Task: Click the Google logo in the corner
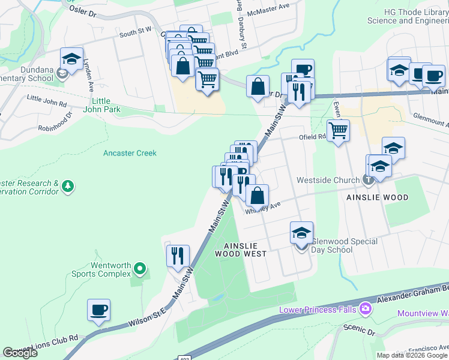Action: coord(20,353)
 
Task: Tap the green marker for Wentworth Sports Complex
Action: coord(140,268)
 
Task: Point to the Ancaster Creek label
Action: coord(130,153)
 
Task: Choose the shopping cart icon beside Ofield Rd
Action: coord(339,130)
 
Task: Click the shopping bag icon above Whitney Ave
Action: coord(257,195)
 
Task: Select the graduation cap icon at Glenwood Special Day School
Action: coord(302,233)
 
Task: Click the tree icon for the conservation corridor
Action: coord(68,187)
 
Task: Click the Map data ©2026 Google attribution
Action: coord(412,355)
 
